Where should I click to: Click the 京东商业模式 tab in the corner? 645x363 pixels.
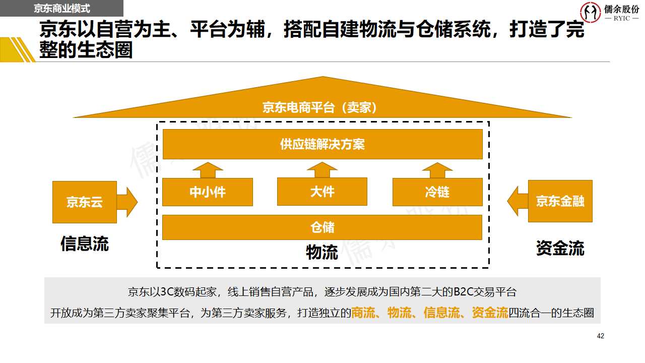click(x=61, y=9)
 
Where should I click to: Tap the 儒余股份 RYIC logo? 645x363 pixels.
click(x=610, y=13)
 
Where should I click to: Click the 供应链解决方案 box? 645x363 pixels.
click(x=322, y=145)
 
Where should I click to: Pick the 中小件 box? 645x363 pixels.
click(x=207, y=192)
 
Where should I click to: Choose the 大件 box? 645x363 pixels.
click(x=322, y=192)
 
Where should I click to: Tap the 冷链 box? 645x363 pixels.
click(x=437, y=192)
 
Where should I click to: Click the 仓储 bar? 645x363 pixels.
click(x=322, y=227)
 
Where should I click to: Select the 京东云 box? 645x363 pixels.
click(x=85, y=202)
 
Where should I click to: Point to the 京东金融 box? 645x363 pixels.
click(x=560, y=201)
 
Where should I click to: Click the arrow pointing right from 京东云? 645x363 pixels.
click(x=127, y=202)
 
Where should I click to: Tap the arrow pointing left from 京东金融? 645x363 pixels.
click(x=518, y=201)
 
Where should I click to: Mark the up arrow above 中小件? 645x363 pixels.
click(x=207, y=170)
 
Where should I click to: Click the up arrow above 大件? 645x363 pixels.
click(x=322, y=170)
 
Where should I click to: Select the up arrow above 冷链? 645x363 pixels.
click(x=437, y=170)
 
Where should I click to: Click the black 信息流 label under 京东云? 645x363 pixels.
click(x=85, y=244)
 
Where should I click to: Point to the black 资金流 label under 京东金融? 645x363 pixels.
click(x=560, y=248)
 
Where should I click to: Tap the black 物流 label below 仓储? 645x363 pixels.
click(x=322, y=252)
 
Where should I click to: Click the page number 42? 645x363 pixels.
click(x=600, y=336)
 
